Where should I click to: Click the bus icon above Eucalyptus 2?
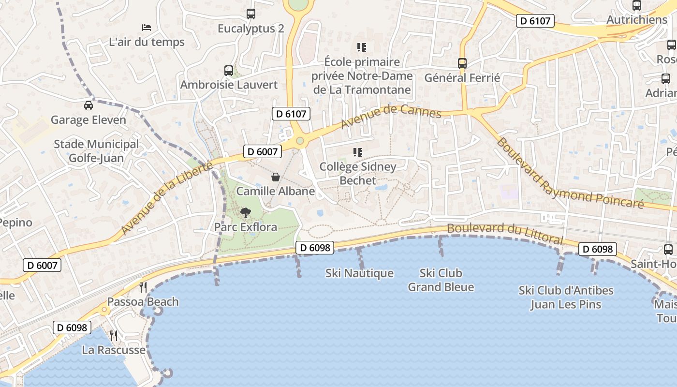250,14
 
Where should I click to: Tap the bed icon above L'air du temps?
147,28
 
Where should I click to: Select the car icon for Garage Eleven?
88,105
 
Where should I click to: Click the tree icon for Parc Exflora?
246,212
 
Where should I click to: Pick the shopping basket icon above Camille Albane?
275,177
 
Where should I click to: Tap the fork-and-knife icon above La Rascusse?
114,335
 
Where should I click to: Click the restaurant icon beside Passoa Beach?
143,287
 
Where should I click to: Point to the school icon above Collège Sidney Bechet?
358,152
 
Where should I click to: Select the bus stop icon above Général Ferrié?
462,63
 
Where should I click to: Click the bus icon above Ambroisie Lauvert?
229,71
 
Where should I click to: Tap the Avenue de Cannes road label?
391,117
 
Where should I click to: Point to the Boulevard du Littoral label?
505,233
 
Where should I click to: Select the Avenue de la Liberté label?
167,198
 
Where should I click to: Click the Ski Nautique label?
359,273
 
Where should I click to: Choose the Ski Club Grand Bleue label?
441,280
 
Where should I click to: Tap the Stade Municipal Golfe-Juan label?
96,151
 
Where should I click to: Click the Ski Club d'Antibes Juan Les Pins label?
566,298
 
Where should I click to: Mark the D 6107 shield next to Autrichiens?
535,20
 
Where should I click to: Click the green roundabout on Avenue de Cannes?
300,141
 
